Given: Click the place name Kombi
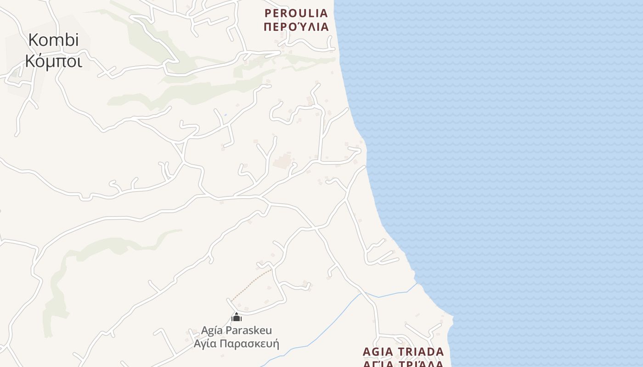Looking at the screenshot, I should coord(53,40).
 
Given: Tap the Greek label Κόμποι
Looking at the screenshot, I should coord(54,61).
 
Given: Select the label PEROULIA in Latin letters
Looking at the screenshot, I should coord(296,13).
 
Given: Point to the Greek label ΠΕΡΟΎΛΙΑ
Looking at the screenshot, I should coord(296,27).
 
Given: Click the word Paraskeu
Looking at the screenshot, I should coord(248,330).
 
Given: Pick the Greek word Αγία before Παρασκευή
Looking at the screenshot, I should coord(204,344).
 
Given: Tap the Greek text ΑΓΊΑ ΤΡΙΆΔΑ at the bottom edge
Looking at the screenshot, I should coord(403,364).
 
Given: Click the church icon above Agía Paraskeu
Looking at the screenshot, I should coord(237,317).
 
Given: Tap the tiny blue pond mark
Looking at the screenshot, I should coord(225,115).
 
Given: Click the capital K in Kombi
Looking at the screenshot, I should coord(33,40).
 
